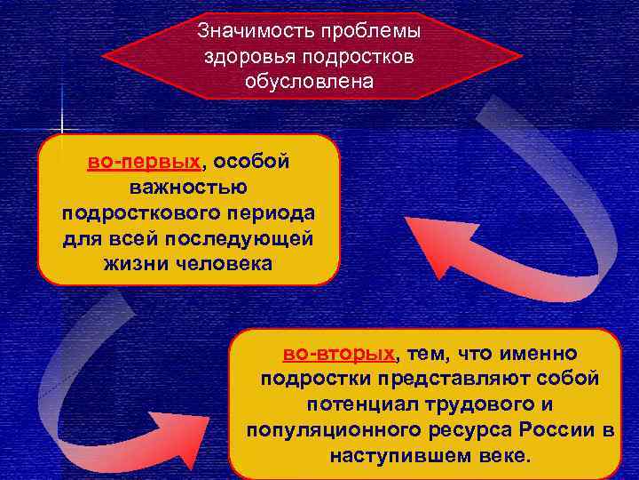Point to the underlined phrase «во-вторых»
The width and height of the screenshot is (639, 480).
click(339, 355)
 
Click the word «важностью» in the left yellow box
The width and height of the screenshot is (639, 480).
click(188, 188)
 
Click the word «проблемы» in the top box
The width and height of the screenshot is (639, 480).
click(374, 31)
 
